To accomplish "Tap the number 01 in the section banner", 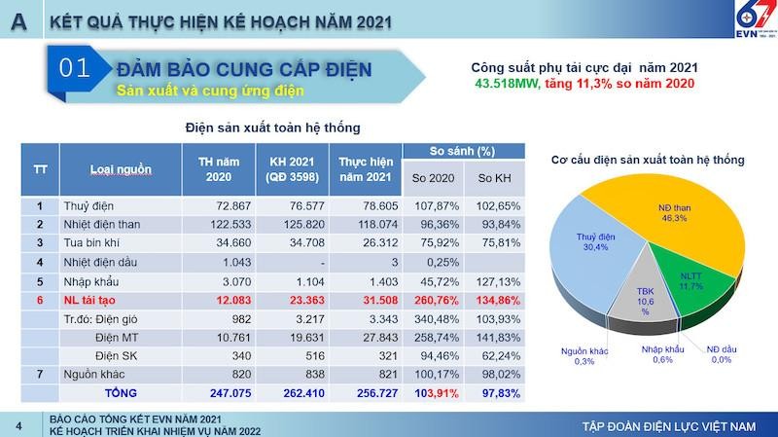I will (75, 68).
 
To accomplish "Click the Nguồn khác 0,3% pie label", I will (583, 356).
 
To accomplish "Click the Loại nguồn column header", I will (121, 169).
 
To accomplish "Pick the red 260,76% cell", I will (433, 301).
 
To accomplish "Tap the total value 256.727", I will (366, 392).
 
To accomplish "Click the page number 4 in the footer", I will (18, 425).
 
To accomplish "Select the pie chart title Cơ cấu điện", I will (647, 159).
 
